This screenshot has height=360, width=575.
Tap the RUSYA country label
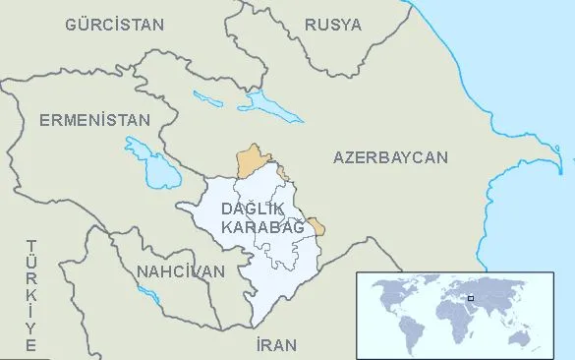tap(332, 24)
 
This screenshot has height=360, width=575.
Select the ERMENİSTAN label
tap(95, 120)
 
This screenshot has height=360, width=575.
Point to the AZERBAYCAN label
tap(390, 157)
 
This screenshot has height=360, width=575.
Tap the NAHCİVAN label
tap(181, 270)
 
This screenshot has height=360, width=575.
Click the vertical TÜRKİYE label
tap(31, 295)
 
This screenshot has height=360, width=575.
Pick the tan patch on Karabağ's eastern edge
tap(316, 226)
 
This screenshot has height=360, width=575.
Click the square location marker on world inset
tap(471, 296)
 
